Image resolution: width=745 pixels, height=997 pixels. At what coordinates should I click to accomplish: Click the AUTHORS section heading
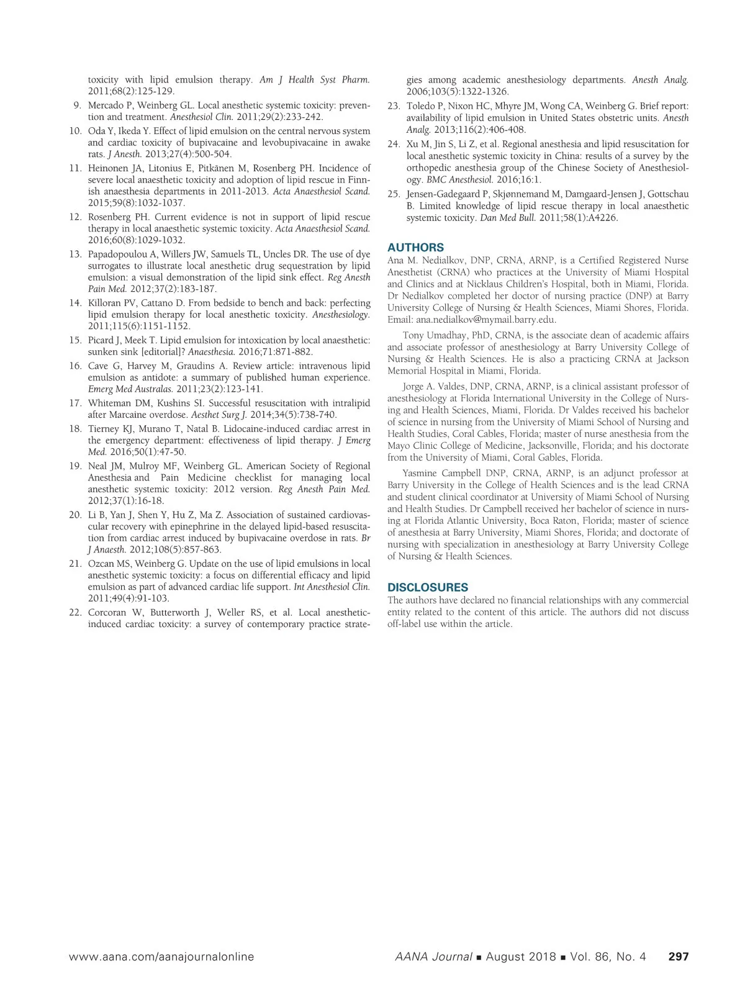[x=415, y=247]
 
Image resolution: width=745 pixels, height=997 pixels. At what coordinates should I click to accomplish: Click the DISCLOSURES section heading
[x=428, y=587]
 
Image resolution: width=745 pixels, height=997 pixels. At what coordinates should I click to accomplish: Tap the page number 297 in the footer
[x=678, y=957]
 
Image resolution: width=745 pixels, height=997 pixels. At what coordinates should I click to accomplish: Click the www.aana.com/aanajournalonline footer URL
[x=161, y=957]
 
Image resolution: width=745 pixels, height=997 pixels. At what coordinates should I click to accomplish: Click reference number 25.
[x=394, y=194]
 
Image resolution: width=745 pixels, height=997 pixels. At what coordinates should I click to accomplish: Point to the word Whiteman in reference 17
[x=107, y=403]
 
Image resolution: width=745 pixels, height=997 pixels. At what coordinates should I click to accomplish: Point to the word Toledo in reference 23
[x=420, y=106]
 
